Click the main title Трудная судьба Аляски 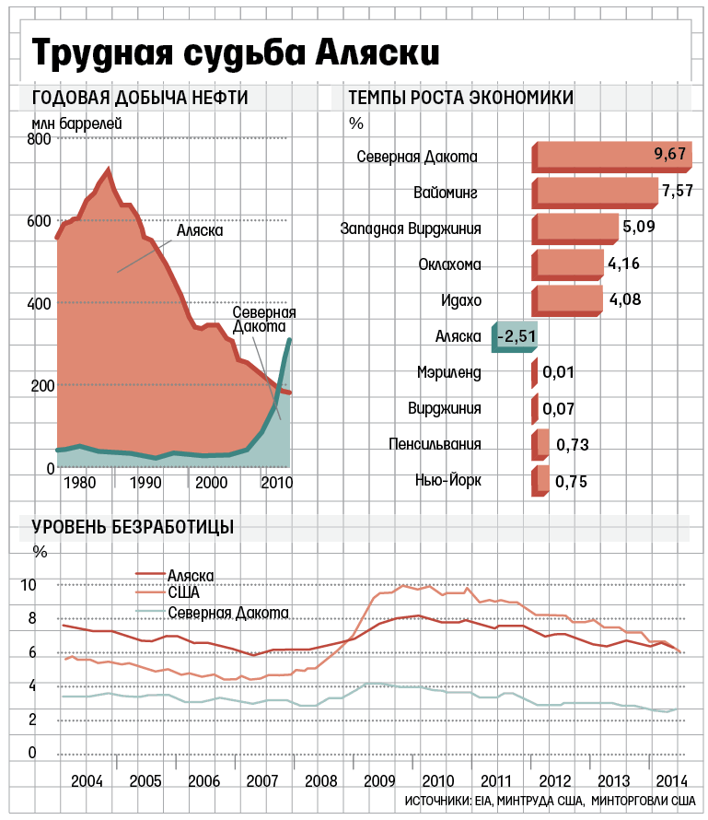[236, 52]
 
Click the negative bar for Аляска [516, 337]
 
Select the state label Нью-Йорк [448, 480]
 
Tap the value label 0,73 [572, 445]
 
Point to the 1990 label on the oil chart [146, 483]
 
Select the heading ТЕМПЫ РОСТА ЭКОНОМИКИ [460, 99]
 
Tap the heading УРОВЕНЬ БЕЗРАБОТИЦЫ [133, 527]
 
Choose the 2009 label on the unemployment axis [378, 780]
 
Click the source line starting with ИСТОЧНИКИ [550, 802]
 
